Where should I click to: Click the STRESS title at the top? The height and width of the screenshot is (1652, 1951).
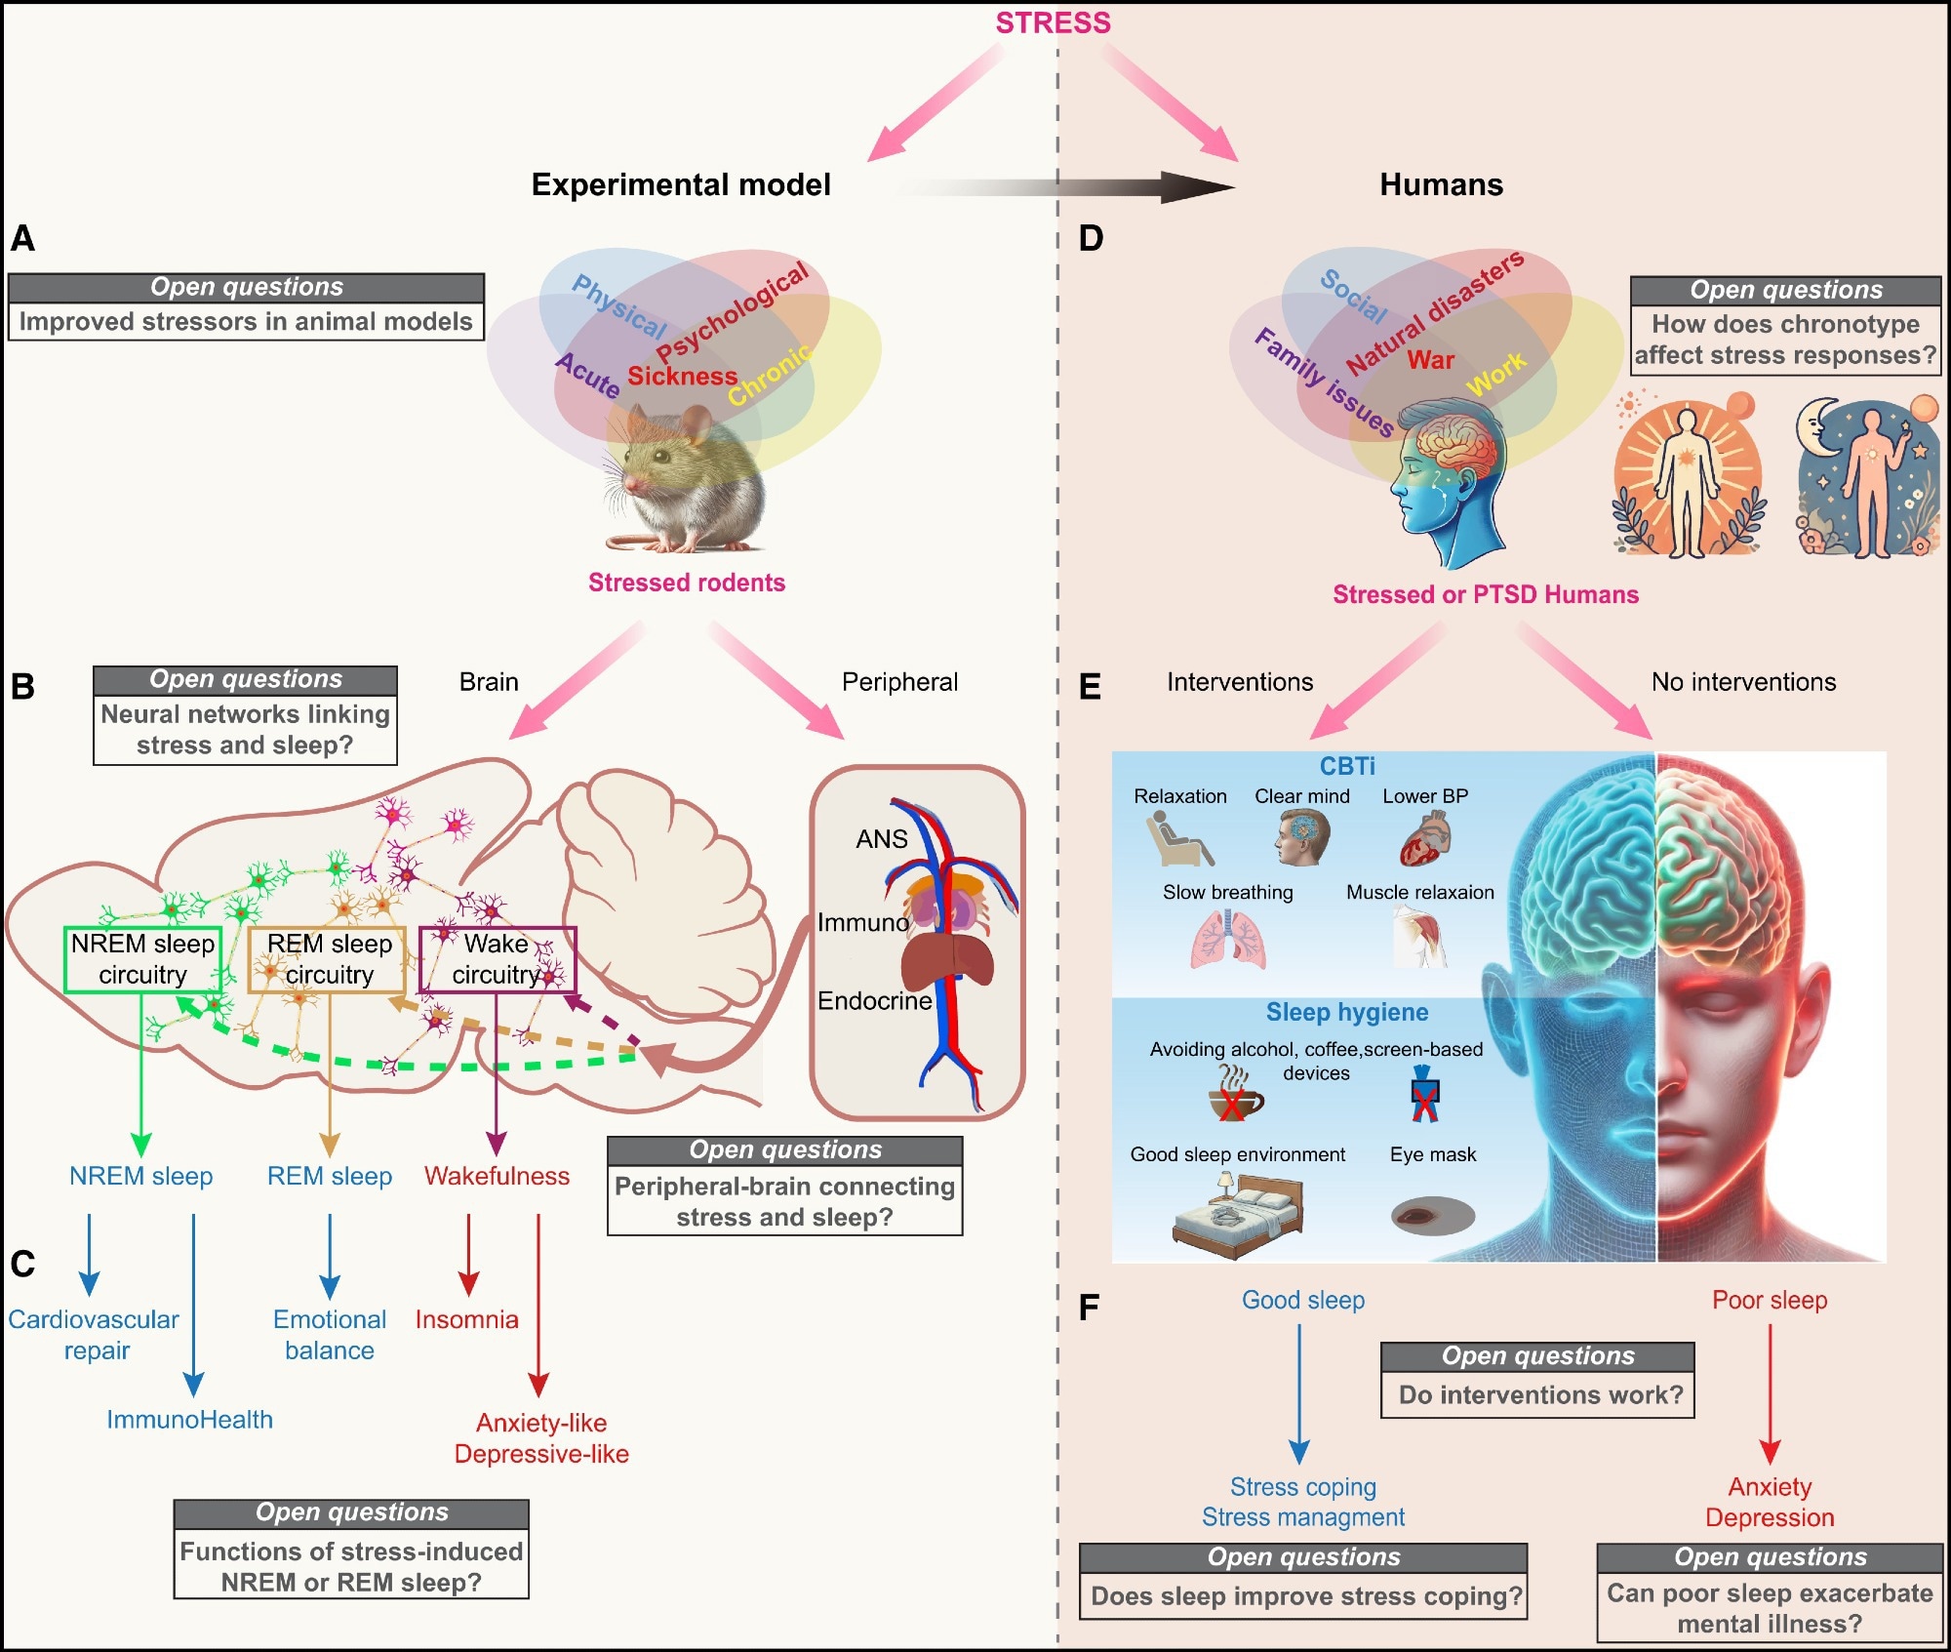click(x=1053, y=22)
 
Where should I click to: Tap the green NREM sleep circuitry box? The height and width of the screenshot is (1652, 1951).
click(x=142, y=959)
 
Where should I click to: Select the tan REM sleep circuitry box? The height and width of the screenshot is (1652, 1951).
click(x=328, y=959)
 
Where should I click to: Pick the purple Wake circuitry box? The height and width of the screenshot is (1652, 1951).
click(x=498, y=959)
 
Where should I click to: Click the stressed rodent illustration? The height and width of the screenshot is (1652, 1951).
click(x=683, y=478)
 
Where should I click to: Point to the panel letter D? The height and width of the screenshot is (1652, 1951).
click(x=1091, y=239)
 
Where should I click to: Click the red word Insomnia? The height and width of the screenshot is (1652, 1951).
click(x=466, y=1319)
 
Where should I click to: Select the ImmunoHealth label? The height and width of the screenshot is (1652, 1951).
click(x=189, y=1420)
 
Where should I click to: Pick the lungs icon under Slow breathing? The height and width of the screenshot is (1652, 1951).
click(x=1228, y=940)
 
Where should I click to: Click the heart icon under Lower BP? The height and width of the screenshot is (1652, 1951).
click(x=1425, y=840)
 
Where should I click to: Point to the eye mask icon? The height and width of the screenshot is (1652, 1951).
click(x=1432, y=1216)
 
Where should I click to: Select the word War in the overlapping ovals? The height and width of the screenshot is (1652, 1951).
click(x=1430, y=360)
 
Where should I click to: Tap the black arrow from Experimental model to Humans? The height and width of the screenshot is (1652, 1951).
click(x=1073, y=185)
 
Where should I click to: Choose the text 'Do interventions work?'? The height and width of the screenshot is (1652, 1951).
click(x=1540, y=1394)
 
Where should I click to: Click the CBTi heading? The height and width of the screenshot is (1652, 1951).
click(x=1347, y=766)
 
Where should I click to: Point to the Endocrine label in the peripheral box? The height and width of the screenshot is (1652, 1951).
click(x=874, y=1001)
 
